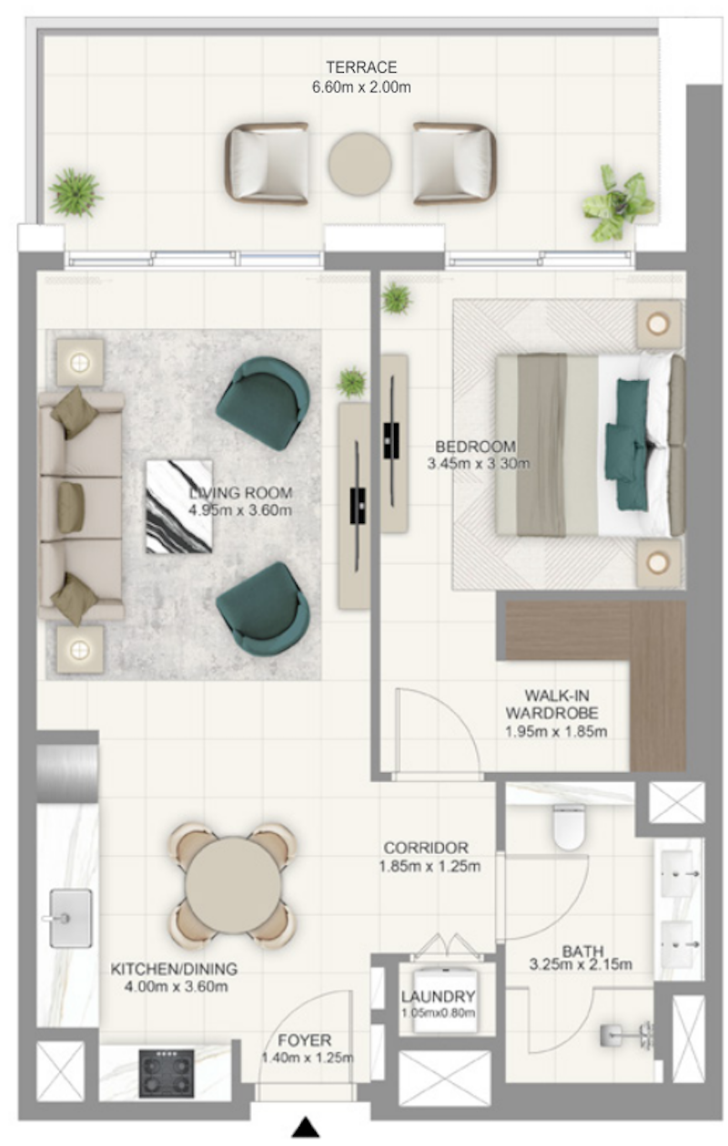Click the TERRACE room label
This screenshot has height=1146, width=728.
click(361, 67)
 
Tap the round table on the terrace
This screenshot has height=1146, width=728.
click(360, 164)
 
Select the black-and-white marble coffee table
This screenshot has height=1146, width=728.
click(178, 506)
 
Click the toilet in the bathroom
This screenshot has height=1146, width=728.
click(569, 826)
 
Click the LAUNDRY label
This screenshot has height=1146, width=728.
click(438, 996)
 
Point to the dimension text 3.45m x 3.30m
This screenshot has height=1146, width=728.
click(478, 464)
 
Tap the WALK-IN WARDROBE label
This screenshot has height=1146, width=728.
click(551, 704)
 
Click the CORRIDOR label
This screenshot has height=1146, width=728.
click(426, 849)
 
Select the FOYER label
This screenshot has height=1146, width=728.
click(305, 1040)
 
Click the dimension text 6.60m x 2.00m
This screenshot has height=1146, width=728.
click(361, 87)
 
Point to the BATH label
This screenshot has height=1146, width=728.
click(583, 951)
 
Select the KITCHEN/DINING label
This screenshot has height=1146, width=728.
click(174, 969)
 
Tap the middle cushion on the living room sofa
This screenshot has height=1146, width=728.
click(71, 506)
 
